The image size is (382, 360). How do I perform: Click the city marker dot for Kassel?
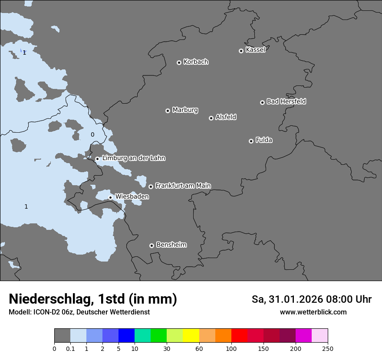241,51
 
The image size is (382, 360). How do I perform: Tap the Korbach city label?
196,62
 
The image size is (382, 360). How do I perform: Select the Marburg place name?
185,110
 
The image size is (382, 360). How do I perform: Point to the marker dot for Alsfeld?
211,118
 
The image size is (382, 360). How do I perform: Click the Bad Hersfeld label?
286,101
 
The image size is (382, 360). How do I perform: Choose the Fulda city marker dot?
251,141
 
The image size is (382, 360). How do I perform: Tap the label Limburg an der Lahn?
133,158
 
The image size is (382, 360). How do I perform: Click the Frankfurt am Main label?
183,186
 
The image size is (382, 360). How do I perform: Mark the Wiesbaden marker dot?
110,197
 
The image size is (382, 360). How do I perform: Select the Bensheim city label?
171,245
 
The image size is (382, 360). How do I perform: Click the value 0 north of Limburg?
92,135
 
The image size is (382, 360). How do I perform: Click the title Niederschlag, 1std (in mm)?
93,299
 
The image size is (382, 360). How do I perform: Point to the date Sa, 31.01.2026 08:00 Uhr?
311,299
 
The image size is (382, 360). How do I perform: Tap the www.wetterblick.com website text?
313,312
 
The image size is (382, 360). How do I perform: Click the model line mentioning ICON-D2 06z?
79,312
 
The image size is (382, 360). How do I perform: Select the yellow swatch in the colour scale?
191,336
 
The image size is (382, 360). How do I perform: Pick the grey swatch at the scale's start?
62,336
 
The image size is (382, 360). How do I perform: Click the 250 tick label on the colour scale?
328,348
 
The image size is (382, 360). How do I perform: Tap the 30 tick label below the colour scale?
167,348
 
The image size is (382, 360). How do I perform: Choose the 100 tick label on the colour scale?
231,348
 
